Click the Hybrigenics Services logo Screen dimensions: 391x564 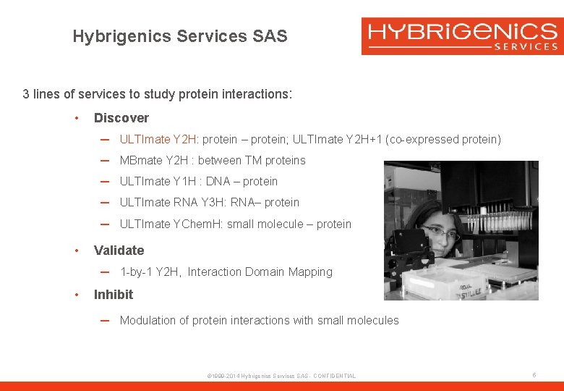462,36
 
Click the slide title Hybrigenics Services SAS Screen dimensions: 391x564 180,36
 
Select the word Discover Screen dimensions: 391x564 121,118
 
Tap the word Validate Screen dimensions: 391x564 119,251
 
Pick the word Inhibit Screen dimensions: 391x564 114,295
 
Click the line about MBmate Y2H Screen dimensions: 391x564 213,161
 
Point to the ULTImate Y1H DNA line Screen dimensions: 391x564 199,182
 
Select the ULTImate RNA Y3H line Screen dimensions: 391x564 209,203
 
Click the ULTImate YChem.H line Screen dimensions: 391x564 235,224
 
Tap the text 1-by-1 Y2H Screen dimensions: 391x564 150,272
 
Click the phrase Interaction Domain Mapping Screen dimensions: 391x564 260,272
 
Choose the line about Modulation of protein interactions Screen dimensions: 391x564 259,321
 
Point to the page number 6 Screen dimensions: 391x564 534,375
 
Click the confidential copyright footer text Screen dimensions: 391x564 281,376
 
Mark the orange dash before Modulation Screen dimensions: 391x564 105,321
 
